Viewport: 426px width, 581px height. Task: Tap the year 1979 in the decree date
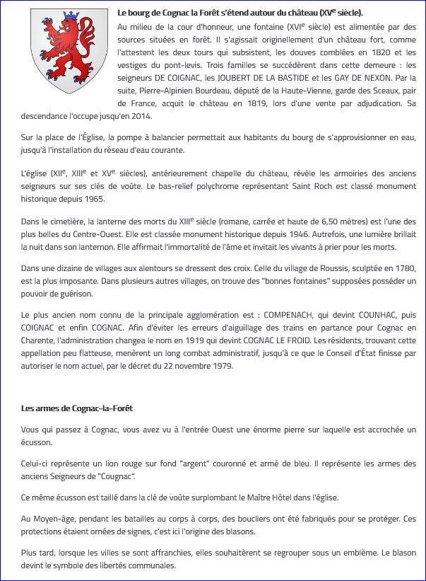(220, 366)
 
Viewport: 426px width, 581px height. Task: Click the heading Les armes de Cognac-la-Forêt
(77, 408)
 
